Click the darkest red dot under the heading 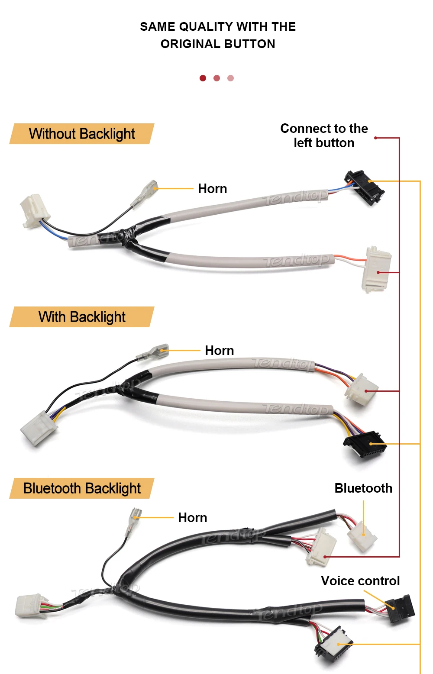point(203,78)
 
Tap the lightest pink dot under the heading point(230,78)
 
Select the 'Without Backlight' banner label point(82,134)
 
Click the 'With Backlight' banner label point(82,317)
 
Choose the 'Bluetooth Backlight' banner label point(82,488)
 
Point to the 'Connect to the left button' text point(324,135)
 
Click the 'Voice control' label point(360,580)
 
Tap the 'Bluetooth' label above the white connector point(363,488)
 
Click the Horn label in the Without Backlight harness point(212,189)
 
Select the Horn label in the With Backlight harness point(219,350)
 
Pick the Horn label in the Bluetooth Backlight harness point(192,517)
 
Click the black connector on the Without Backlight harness point(364,188)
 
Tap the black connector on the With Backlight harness point(365,444)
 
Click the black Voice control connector point(401,608)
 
